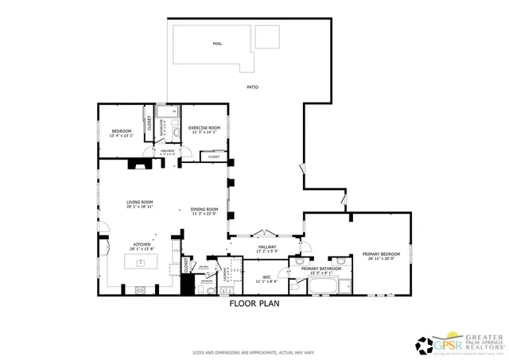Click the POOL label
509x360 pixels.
[x=217, y=44]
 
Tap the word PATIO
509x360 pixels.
[x=251, y=87]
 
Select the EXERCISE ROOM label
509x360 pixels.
[x=204, y=127]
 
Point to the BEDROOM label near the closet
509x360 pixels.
[x=120, y=131]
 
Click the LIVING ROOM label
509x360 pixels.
[x=139, y=202]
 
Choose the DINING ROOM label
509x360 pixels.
[x=204, y=209]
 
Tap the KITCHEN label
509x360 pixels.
[x=142, y=244]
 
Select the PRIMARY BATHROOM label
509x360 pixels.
[x=321, y=269]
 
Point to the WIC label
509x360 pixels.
[x=266, y=277]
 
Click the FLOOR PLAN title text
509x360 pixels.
[x=254, y=303]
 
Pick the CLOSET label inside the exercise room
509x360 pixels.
[x=214, y=157]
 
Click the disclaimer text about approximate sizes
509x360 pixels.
[x=254, y=351]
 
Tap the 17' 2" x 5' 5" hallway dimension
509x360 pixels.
[x=267, y=252]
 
